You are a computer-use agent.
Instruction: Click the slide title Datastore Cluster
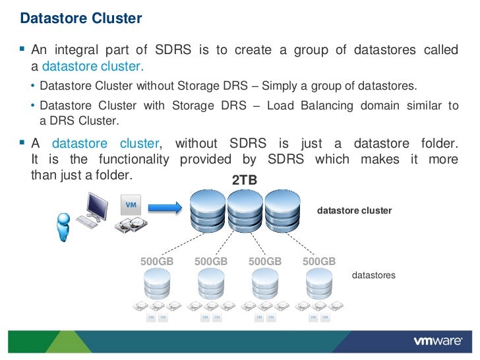[81, 18]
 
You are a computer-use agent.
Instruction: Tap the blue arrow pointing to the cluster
[164, 208]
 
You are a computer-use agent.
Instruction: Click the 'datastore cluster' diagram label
[355, 211]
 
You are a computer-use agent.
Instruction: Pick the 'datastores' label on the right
[374, 275]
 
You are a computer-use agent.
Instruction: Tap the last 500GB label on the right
[319, 261]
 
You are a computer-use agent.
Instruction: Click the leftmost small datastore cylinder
[157, 284]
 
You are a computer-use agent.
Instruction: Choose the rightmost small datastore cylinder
[319, 284]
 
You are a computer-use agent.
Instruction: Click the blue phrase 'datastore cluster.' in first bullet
[93, 67]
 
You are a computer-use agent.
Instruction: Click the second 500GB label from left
[211, 261]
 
